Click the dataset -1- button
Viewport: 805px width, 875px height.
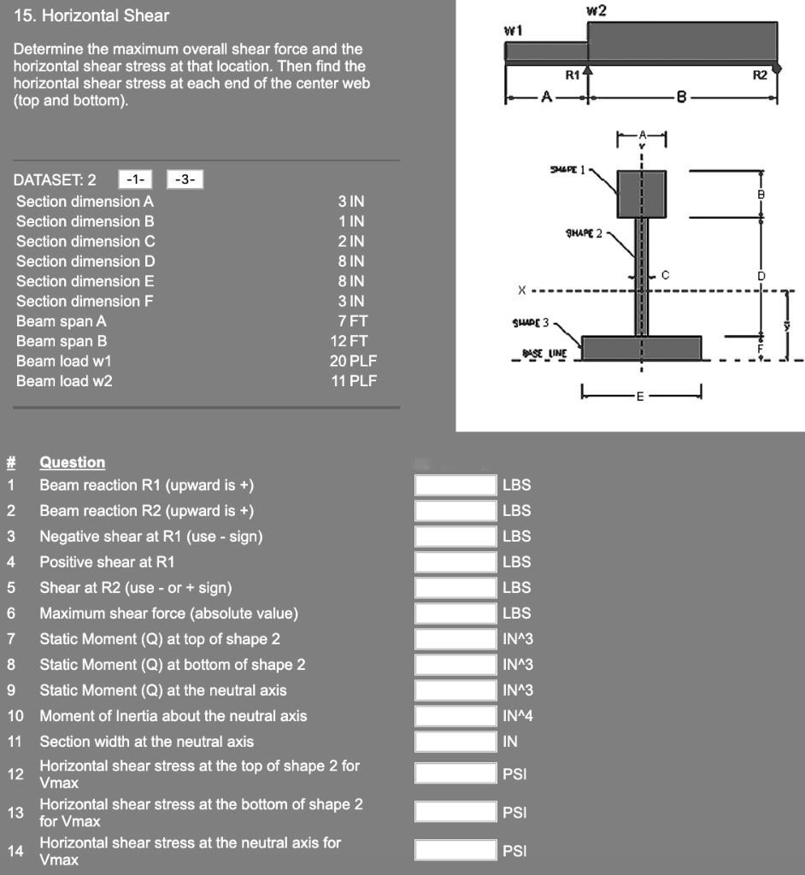134,179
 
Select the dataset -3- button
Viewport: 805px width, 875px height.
184,179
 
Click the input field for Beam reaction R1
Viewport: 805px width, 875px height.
455,485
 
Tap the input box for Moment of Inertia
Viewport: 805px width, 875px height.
455,716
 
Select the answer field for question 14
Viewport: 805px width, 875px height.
455,850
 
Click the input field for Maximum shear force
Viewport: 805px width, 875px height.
455,614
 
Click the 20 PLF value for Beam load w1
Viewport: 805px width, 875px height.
352,361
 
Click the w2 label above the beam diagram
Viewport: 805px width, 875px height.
596,10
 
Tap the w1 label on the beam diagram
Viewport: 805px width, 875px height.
514,30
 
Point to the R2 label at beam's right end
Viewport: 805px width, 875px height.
760,76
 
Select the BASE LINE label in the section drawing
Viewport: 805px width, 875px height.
538,352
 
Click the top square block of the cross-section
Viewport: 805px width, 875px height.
641,193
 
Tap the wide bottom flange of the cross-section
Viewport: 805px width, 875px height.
641,347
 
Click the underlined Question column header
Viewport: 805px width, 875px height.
72,462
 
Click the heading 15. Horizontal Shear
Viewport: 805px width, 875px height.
91,15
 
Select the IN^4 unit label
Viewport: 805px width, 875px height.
518,716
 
